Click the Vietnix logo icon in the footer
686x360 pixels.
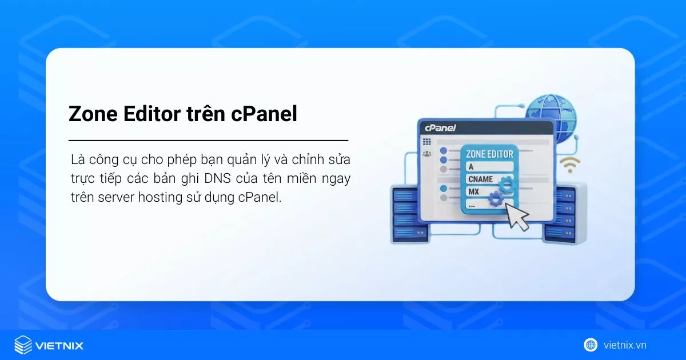pos(23,345)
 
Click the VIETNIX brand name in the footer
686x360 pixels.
pos(59,346)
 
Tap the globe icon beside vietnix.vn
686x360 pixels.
pos(591,345)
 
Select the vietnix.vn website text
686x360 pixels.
pos(625,345)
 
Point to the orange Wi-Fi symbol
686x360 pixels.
pos(569,164)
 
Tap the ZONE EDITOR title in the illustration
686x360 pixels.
pos(490,154)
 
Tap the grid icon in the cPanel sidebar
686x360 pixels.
pos(426,141)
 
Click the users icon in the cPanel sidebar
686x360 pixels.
pos(426,153)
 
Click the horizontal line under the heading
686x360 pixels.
pos(208,140)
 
